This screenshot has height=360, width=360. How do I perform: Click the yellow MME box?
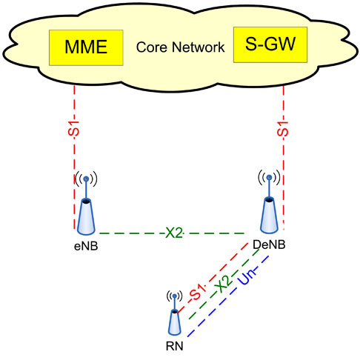click(86, 47)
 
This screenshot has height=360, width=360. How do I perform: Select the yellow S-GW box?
click(270, 44)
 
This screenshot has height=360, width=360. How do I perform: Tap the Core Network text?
click(181, 47)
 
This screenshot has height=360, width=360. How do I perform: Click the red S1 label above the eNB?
click(74, 128)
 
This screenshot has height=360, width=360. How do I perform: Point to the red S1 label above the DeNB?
click(282, 129)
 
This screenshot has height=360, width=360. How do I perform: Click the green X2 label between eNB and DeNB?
click(174, 233)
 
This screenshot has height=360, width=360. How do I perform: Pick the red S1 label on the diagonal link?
click(197, 292)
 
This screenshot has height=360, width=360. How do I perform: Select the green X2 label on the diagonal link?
click(223, 284)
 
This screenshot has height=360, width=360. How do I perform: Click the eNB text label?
click(86, 246)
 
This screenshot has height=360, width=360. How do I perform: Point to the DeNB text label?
click(269, 244)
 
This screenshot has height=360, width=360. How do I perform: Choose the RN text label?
click(175, 346)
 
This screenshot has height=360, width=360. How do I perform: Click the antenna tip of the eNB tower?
click(86, 179)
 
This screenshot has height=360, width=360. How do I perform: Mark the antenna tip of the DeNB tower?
click(270, 177)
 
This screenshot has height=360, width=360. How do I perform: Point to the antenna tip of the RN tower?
click(175, 296)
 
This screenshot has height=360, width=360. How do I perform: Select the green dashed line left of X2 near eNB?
click(132, 233)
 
